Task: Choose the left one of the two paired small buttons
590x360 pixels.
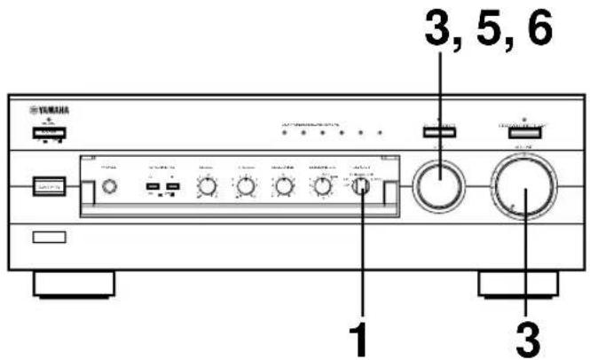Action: click(153, 187)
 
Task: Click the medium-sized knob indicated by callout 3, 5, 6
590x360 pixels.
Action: click(437, 187)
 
